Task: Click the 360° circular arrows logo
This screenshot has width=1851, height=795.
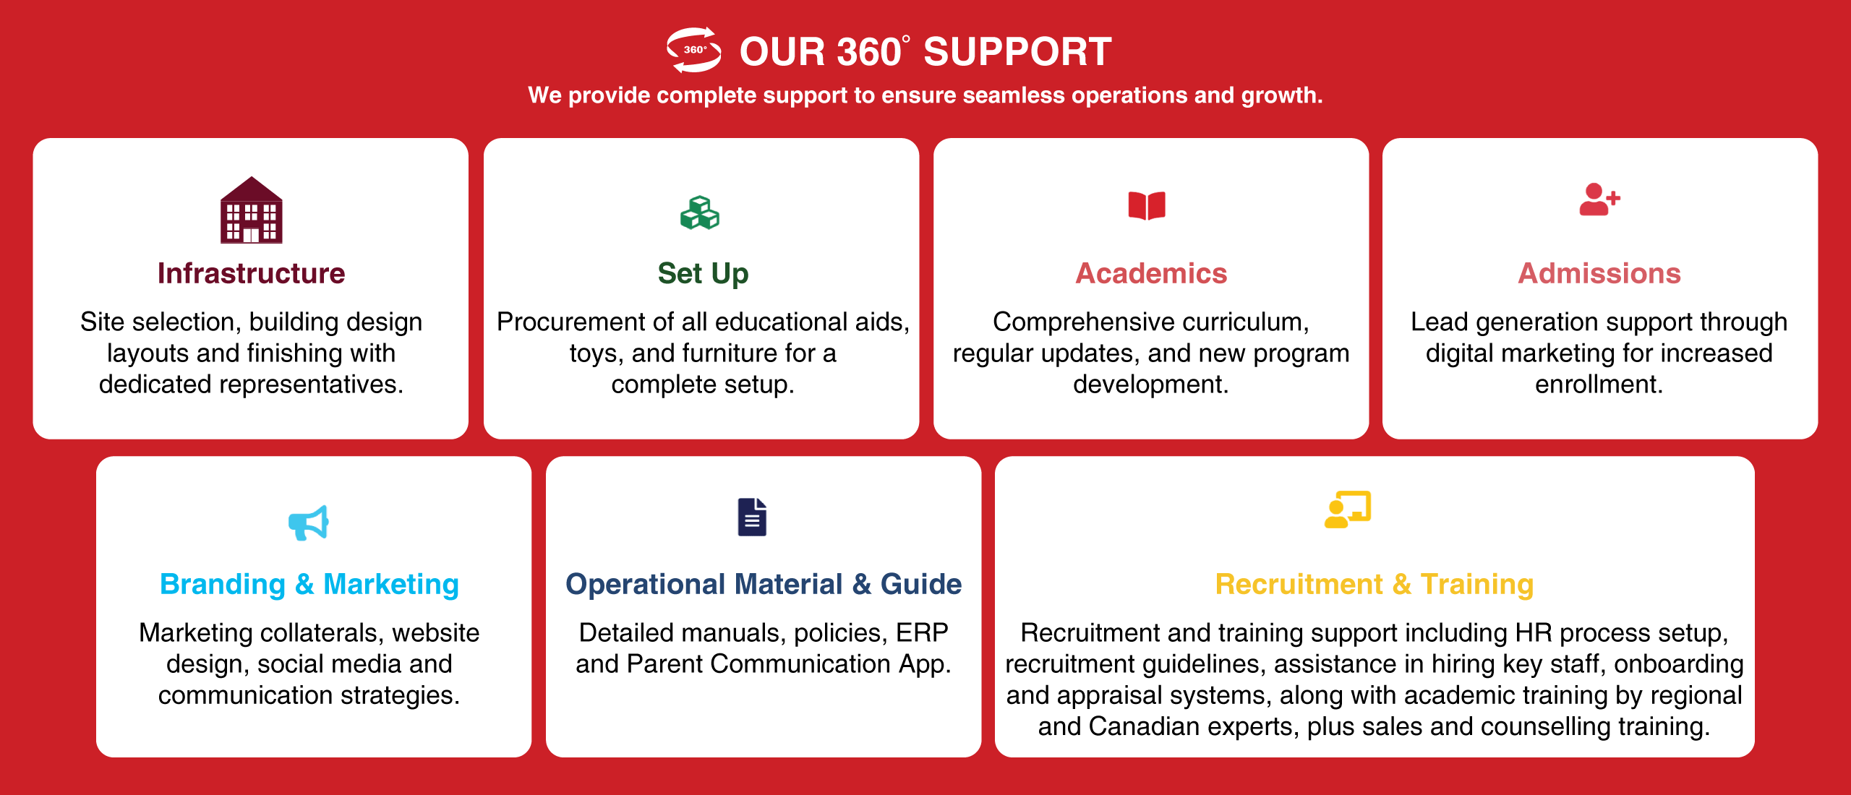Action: (693, 50)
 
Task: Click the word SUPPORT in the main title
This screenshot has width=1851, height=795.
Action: (1017, 52)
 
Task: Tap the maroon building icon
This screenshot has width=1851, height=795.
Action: (252, 210)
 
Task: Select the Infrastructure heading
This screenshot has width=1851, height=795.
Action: (252, 273)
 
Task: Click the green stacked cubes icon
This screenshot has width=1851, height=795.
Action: (700, 212)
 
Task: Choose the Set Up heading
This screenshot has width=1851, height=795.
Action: (703, 274)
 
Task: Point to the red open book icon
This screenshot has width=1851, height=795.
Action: (1147, 205)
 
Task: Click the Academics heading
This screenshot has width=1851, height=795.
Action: (1151, 273)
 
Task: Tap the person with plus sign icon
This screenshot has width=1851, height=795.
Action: (1599, 199)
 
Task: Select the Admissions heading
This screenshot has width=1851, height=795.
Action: (1599, 273)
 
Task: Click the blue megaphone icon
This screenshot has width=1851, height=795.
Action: (309, 523)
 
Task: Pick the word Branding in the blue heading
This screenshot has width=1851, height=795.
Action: (223, 584)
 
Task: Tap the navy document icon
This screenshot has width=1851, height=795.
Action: (752, 517)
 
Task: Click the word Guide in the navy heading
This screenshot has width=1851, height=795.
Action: (921, 584)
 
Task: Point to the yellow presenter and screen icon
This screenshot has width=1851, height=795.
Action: (1348, 510)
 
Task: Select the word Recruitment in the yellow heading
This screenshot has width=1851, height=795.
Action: (1299, 584)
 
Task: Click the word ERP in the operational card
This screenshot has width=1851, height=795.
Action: (922, 632)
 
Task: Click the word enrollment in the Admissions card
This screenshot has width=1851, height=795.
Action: (1599, 384)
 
